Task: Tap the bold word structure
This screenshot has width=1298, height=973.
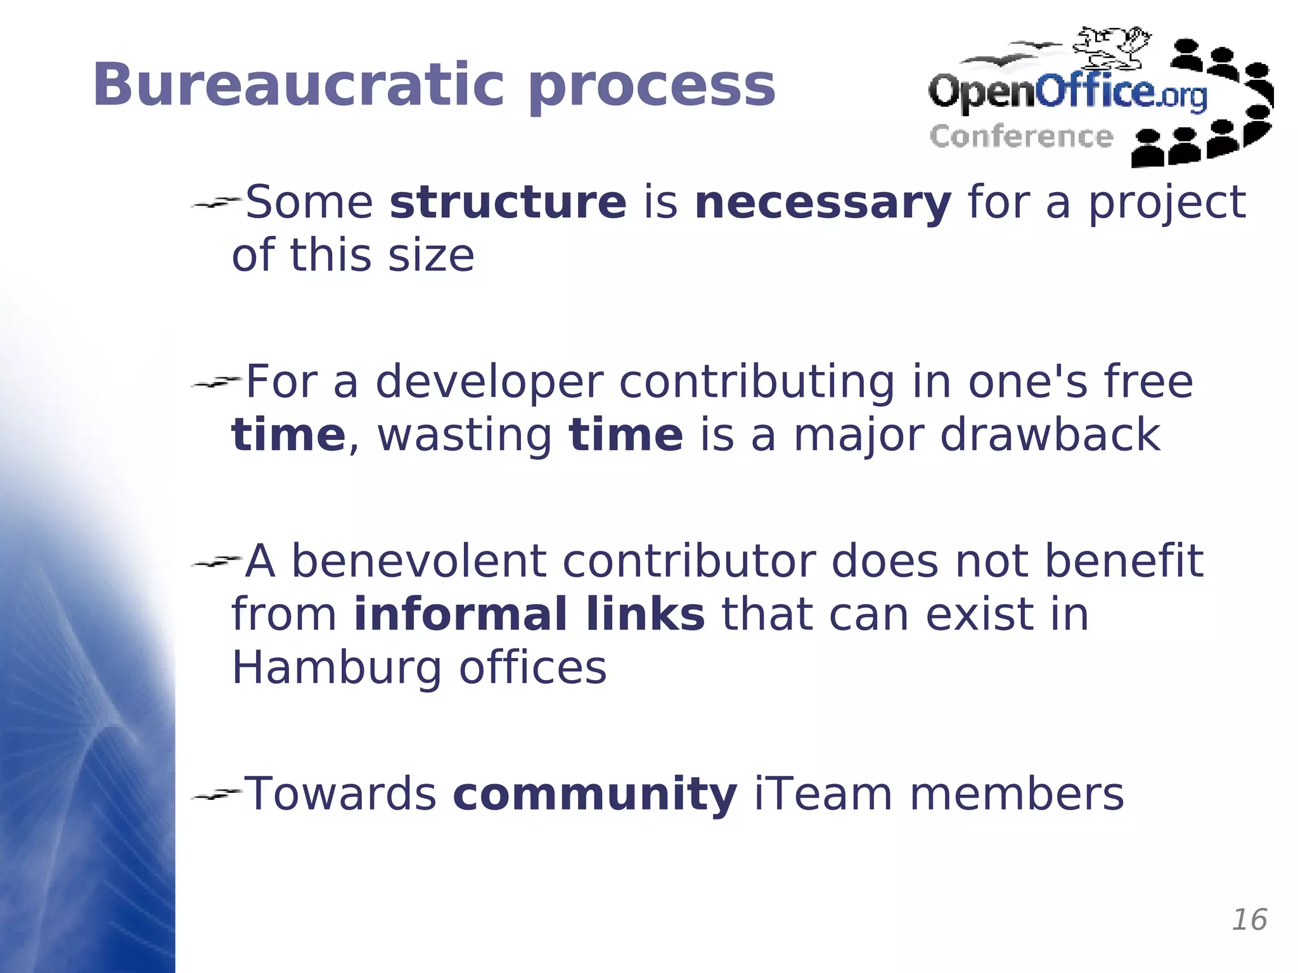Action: click(508, 202)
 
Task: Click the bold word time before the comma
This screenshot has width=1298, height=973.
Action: click(288, 435)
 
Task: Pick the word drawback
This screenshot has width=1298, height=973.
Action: click(1050, 435)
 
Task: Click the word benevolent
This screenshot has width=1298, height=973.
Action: click(418, 562)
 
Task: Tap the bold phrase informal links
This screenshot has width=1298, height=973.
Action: click(529, 615)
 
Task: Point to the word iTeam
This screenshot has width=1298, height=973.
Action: click(823, 795)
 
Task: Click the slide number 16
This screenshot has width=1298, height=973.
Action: click(1249, 920)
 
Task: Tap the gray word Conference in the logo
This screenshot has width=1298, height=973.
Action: click(1021, 137)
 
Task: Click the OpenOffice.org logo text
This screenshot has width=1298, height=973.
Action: click(1067, 94)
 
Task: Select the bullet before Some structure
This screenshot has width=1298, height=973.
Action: click(215, 203)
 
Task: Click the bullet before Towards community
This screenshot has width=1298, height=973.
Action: click(215, 794)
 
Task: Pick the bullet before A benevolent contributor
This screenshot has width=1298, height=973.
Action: click(215, 562)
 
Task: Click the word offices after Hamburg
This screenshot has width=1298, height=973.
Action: click(532, 668)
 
